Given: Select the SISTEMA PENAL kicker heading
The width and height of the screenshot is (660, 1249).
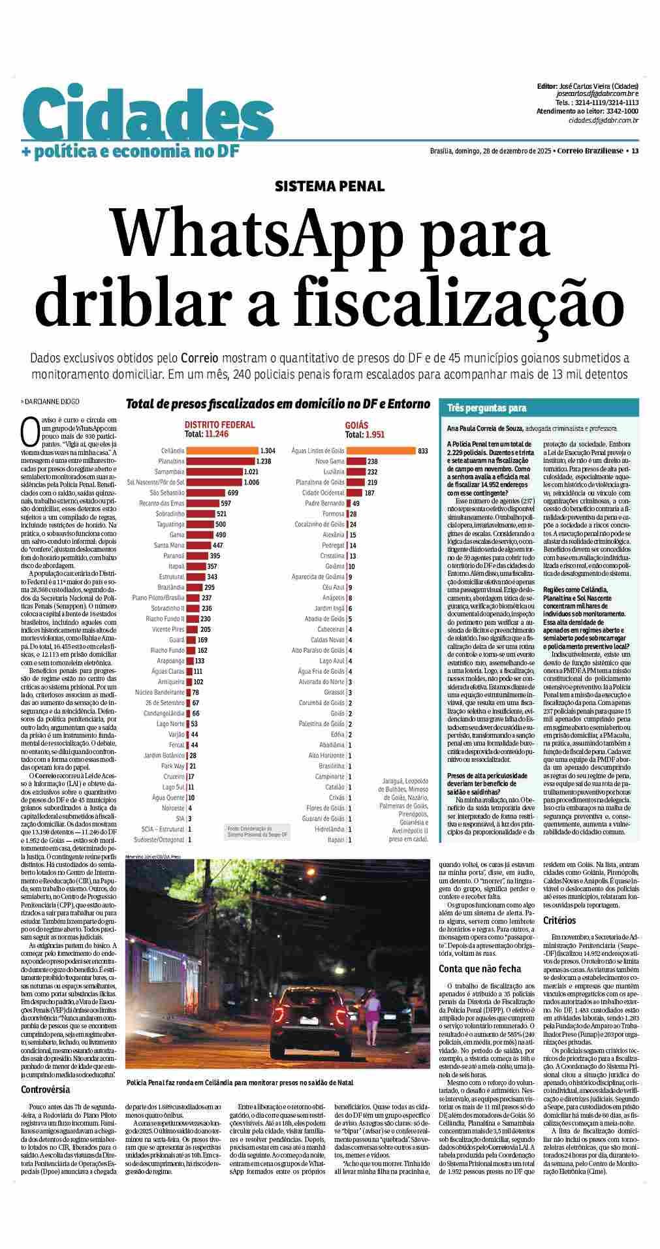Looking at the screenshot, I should coord(330,186).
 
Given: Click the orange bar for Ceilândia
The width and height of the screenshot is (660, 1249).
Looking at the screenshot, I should coord(222,451).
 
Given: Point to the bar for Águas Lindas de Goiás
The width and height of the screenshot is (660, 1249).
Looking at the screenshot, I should coord(381,451).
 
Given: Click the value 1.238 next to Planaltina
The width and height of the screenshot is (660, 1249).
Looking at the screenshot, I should coord(263,461).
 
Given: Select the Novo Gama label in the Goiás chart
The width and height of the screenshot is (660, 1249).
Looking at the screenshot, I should coord(330,461).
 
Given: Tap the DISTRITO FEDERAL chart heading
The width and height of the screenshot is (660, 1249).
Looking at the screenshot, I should coord(219,424).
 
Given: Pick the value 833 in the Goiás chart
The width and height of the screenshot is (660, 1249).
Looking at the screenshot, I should coord(423,451).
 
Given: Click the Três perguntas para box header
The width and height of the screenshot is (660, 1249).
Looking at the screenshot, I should coord(486,408).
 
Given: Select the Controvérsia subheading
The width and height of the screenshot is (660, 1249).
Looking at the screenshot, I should coord(46,1089).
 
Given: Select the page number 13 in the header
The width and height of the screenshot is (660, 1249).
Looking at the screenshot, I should coord(635,151).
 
